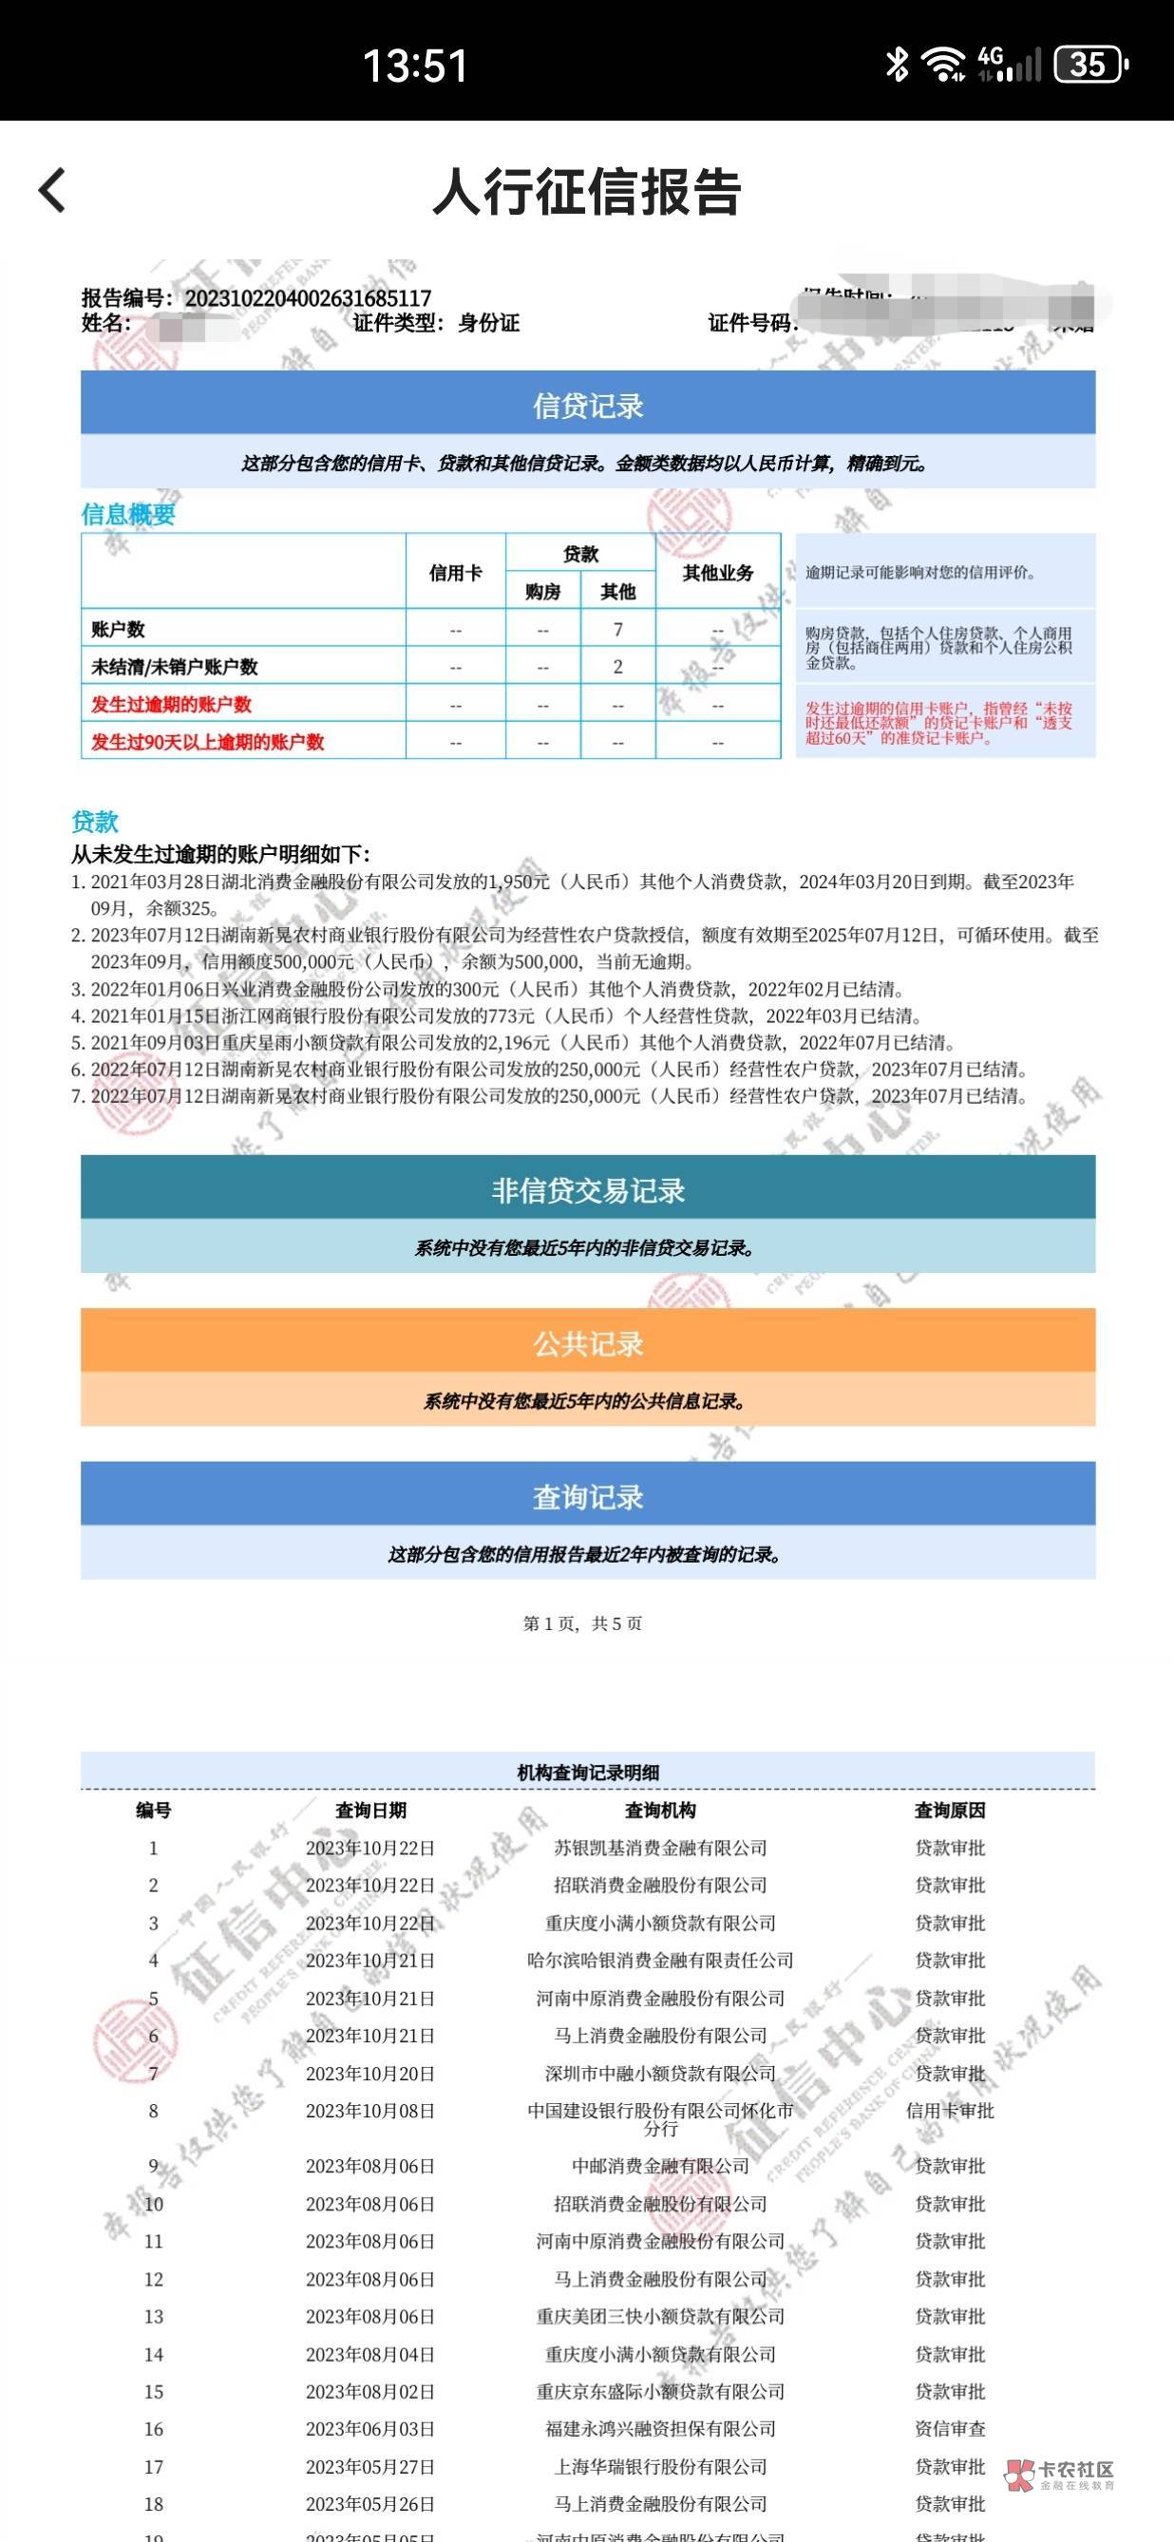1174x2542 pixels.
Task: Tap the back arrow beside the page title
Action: [52, 189]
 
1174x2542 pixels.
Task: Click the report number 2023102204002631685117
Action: [308, 297]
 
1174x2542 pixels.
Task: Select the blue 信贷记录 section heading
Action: [588, 406]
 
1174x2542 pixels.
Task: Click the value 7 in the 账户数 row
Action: [617, 630]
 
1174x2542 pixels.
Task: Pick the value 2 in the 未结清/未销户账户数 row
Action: [617, 667]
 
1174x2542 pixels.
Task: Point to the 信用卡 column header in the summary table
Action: [455, 573]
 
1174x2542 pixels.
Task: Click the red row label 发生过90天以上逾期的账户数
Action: [207, 742]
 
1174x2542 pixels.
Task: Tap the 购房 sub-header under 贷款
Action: [542, 592]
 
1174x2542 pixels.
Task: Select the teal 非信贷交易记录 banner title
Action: [588, 1191]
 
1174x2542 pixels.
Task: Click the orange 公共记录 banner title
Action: [588, 1344]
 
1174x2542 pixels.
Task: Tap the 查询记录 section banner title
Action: [588, 1497]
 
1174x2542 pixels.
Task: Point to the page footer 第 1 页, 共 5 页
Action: [582, 1623]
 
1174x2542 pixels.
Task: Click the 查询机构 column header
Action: [660, 1810]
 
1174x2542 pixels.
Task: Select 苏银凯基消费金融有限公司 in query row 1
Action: [660, 1848]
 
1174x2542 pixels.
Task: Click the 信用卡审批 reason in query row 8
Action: [949, 2111]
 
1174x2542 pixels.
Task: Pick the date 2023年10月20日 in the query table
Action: [369, 2074]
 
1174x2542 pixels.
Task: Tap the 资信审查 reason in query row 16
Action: [949, 2429]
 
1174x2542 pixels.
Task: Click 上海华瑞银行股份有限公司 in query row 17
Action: [660, 2466]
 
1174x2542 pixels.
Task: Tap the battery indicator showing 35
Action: [1089, 66]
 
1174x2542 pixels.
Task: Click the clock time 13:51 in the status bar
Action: [415, 66]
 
